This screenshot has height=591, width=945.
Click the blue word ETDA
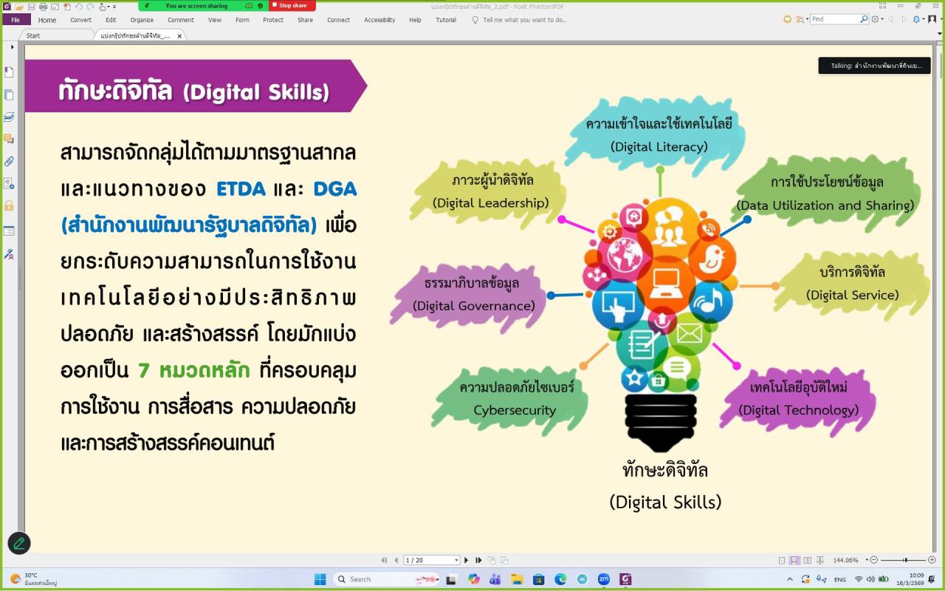(241, 189)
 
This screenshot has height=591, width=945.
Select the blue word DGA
(334, 189)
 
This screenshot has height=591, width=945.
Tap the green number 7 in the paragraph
(144, 370)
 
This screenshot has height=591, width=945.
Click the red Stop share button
(292, 5)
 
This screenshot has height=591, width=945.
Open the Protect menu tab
(273, 20)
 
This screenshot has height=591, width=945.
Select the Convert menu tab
(81, 20)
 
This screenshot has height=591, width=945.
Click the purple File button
(16, 20)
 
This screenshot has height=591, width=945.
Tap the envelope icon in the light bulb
(689, 333)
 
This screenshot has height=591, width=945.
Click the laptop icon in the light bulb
(665, 282)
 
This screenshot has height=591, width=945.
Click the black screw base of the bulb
(660, 421)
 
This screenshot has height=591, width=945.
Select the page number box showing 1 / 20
(431, 560)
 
